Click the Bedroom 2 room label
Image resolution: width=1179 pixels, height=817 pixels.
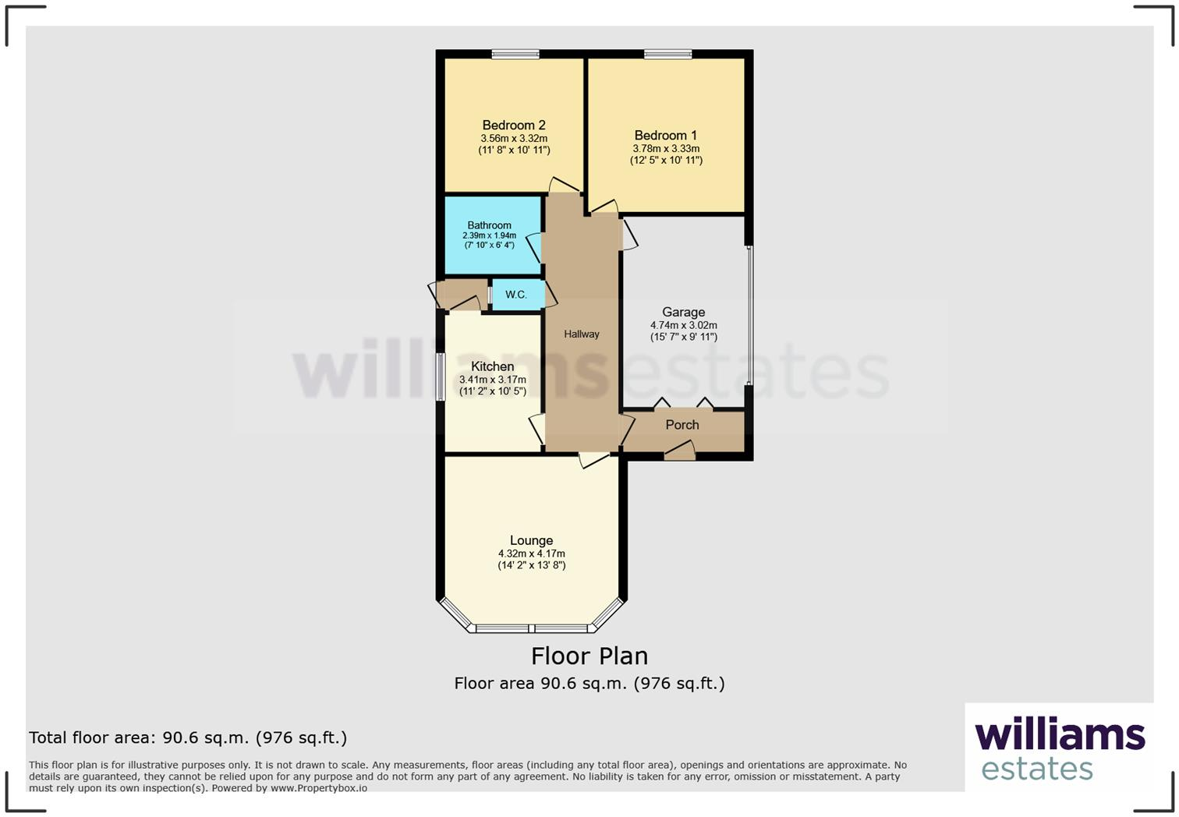[x=513, y=125]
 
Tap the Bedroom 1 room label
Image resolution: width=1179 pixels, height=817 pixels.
[x=665, y=135]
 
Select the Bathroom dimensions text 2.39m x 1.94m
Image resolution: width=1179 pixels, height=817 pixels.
[x=489, y=235]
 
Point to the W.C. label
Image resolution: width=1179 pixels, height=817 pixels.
[x=515, y=295]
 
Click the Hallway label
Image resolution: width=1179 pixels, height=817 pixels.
[x=582, y=334]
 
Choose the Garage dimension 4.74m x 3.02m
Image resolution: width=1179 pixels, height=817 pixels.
[x=683, y=325]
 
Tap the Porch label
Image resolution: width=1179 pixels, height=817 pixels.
[x=682, y=425]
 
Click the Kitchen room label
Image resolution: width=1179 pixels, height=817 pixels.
[x=492, y=366]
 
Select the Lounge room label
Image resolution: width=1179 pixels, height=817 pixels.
[x=531, y=540]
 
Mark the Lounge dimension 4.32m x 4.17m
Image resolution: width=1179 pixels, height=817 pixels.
[x=531, y=554]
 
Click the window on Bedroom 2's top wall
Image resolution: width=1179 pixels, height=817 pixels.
[x=515, y=54]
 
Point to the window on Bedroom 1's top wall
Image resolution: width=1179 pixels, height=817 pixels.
[x=667, y=54]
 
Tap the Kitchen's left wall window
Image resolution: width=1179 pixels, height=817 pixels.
[x=440, y=377]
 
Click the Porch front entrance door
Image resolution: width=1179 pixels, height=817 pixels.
[x=679, y=451]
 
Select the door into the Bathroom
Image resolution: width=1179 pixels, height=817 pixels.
[x=535, y=247]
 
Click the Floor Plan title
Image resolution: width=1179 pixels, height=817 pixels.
[x=589, y=656]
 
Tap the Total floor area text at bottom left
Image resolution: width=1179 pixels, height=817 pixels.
[x=187, y=737]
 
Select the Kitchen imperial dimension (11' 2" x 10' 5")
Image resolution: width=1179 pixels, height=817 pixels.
[x=492, y=391]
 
